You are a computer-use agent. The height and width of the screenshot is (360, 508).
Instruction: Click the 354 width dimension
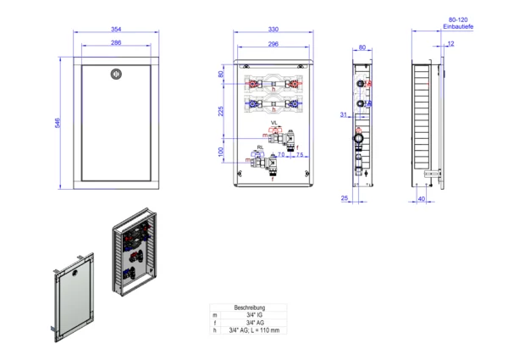[x=115, y=30]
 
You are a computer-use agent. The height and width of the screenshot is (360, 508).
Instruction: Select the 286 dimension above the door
[x=115, y=42]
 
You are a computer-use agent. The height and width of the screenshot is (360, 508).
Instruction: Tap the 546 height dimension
[x=57, y=123]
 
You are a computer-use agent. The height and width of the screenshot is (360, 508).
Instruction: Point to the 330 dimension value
[x=273, y=30]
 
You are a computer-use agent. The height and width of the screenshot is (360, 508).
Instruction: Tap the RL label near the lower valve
[x=261, y=147]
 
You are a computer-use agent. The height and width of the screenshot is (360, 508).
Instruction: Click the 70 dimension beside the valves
[x=281, y=155]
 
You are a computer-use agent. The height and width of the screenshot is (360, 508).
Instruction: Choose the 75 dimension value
[x=298, y=155]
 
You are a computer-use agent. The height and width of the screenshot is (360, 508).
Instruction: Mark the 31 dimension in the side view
[x=344, y=115]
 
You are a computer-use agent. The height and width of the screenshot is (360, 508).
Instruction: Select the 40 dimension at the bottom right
[x=422, y=199]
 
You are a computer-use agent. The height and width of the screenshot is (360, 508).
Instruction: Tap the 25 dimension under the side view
[x=345, y=199]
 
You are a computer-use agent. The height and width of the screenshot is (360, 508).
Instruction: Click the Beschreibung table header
[x=249, y=307]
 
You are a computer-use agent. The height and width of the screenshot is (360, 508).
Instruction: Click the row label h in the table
[x=215, y=330]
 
